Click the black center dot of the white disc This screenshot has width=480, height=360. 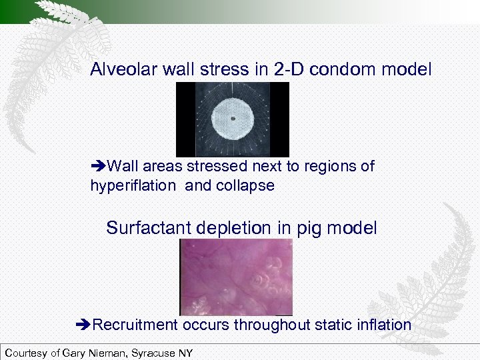pyautogui.click(x=233, y=119)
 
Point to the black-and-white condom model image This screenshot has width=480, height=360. pyautogui.click(x=233, y=119)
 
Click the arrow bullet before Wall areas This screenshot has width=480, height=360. pyautogui.click(x=98, y=166)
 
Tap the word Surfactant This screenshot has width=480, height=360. pyautogui.click(x=149, y=228)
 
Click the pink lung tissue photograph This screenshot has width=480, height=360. pyautogui.click(x=236, y=277)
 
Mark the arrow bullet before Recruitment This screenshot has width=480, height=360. pyautogui.click(x=83, y=325)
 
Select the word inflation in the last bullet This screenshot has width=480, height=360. pyautogui.click(x=381, y=325)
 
